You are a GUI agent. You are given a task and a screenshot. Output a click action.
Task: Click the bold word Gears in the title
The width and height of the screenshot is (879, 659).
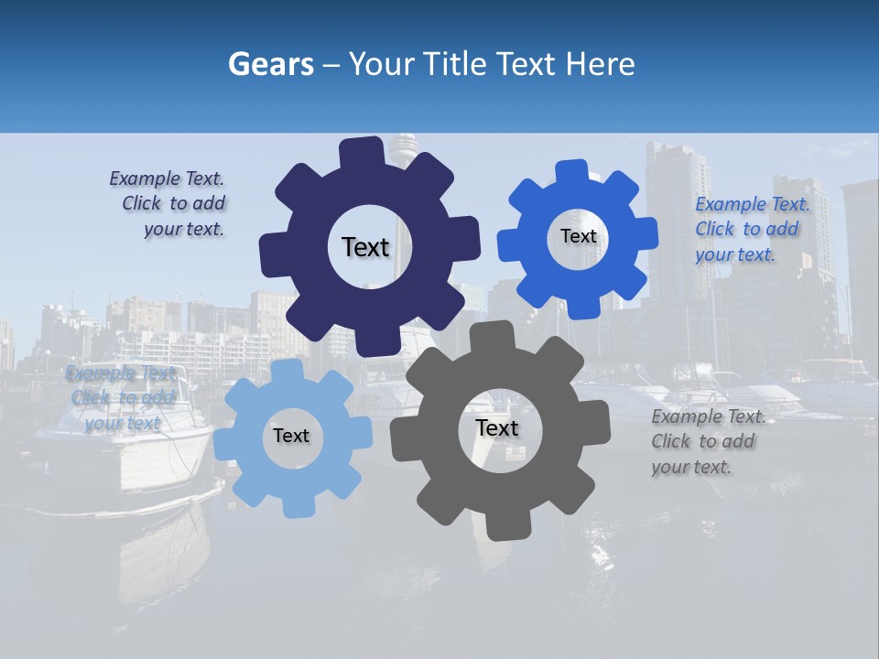click(271, 64)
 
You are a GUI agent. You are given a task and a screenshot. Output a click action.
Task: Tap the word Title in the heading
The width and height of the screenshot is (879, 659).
click(455, 64)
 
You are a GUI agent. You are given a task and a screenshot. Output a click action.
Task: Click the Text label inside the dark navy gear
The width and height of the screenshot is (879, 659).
click(365, 247)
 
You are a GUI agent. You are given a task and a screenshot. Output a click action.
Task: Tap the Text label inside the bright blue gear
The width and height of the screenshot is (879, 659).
click(578, 236)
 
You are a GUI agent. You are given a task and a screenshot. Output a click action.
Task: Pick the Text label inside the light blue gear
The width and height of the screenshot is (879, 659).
click(290, 436)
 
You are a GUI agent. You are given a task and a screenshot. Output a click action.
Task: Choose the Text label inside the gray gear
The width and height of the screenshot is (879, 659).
click(497, 427)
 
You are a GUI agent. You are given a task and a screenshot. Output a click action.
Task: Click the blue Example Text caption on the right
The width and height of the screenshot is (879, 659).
click(751, 229)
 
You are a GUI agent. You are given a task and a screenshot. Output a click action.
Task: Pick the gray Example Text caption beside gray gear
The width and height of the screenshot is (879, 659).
click(707, 441)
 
